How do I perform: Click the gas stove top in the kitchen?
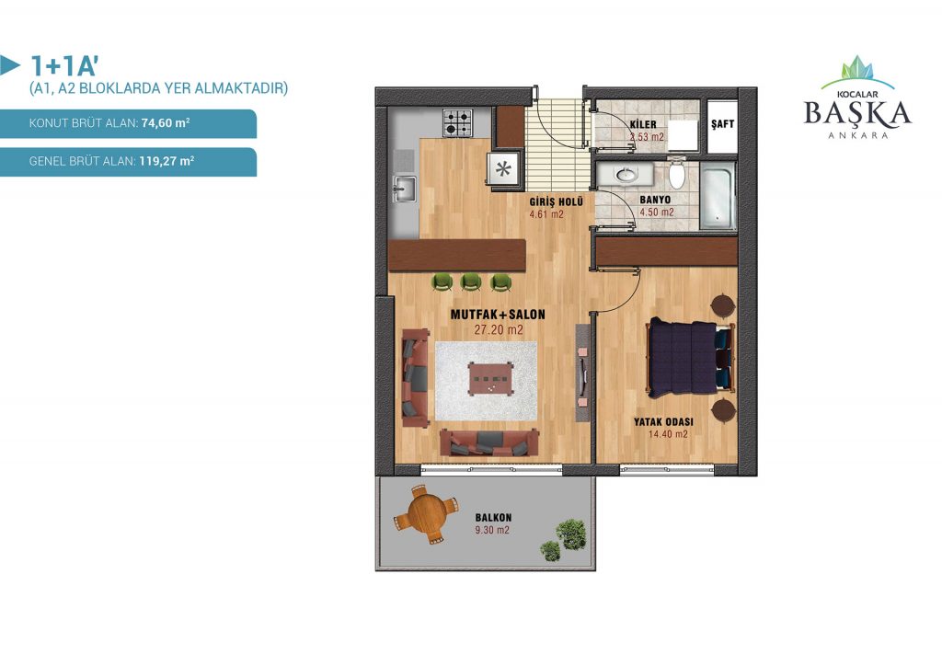tap(458, 123)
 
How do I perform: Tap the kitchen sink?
tap(406, 189)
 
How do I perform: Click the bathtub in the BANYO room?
tap(718, 195)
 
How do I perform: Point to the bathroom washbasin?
tap(625, 175)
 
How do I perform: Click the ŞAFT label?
tap(722, 123)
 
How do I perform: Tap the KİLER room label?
tap(643, 124)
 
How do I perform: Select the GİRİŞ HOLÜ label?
tap(556, 201)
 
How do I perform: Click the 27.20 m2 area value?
tap(498, 329)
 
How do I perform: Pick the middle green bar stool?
tap(471, 281)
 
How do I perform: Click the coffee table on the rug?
tap(491, 378)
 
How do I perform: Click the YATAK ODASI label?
tap(663, 422)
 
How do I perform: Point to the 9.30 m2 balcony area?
tap(492, 530)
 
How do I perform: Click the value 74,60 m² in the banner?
tap(166, 123)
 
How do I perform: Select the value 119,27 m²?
tap(167, 161)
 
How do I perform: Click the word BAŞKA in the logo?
tap(857, 113)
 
